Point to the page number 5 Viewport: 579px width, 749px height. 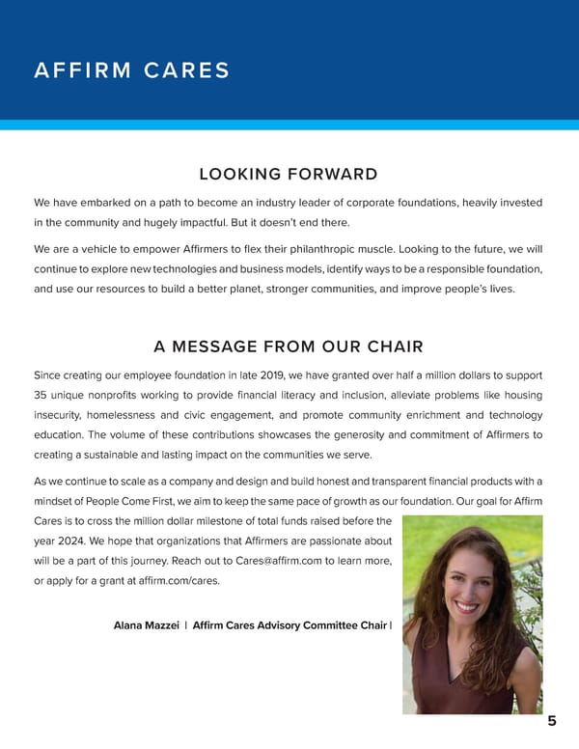click(x=551, y=721)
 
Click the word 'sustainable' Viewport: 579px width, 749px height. click(x=109, y=455)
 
